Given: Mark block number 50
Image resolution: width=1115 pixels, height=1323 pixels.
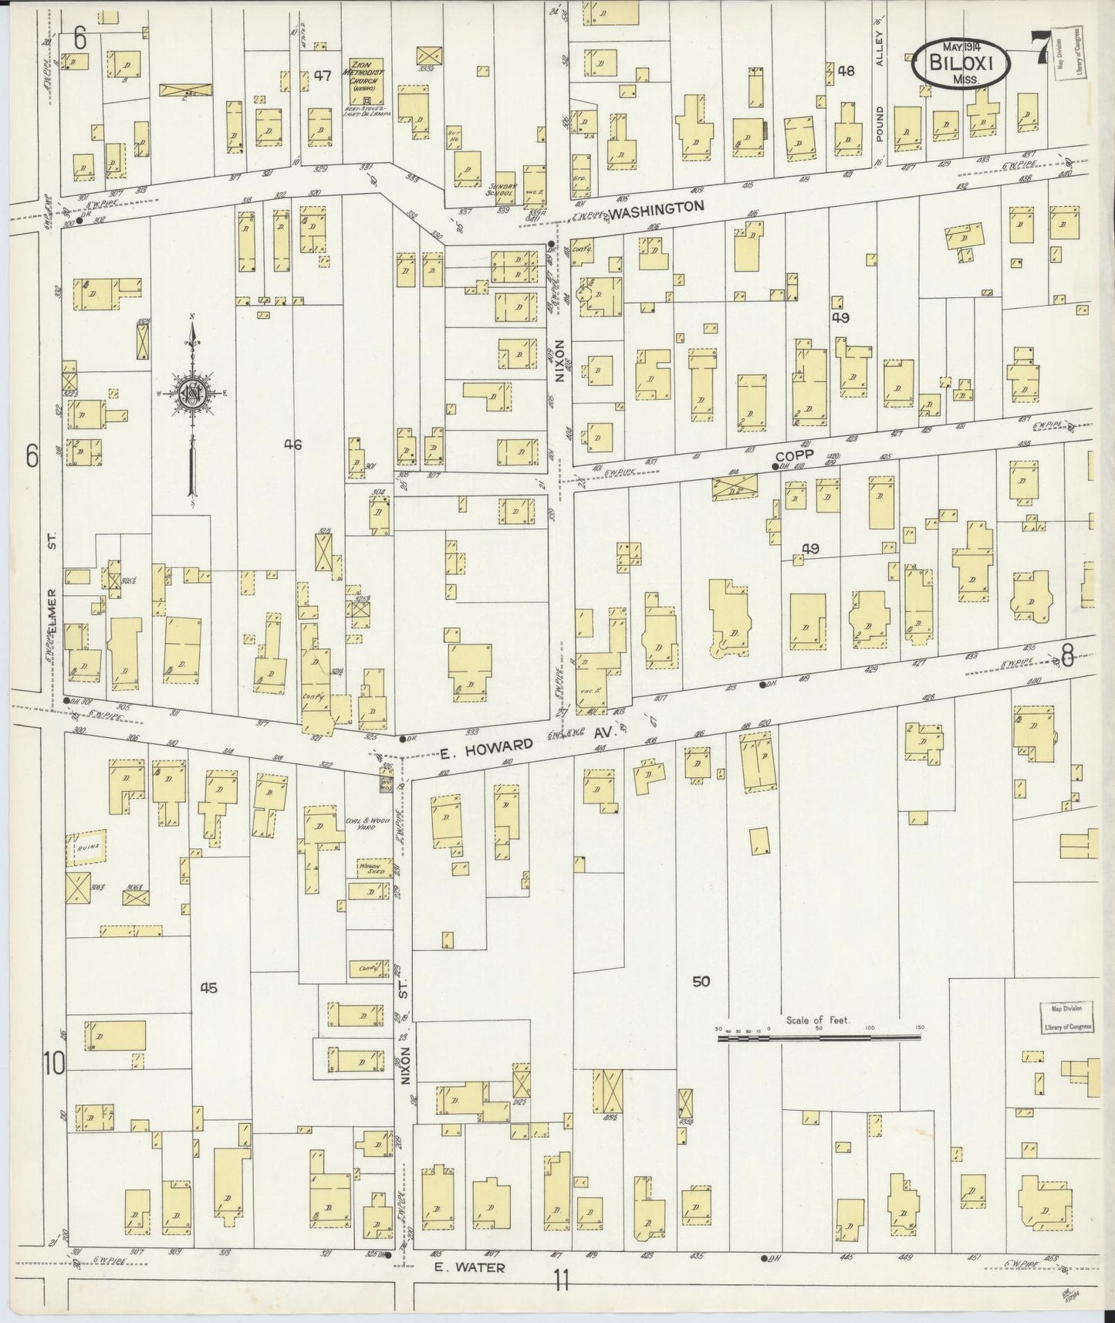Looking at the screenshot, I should tap(700, 982).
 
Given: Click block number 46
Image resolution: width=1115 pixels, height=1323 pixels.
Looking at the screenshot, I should tap(292, 444).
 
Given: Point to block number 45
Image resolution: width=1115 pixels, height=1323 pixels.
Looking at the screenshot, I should tap(208, 987).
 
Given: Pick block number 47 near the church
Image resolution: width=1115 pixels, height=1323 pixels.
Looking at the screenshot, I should tap(323, 76).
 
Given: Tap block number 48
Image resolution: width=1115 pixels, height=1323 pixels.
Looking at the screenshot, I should tap(846, 71).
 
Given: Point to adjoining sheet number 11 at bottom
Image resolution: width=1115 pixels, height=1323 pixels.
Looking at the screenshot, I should tap(560, 1282).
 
